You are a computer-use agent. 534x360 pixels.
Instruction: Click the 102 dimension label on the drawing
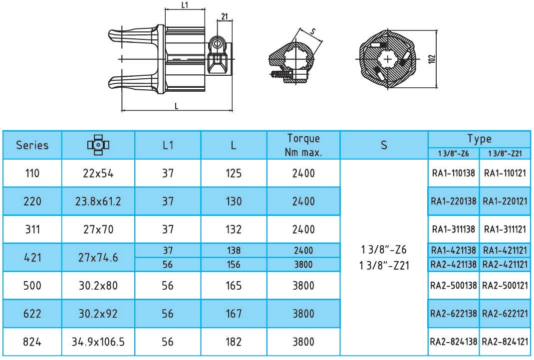tap(432, 59)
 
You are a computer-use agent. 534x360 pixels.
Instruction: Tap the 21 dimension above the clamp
tap(225, 16)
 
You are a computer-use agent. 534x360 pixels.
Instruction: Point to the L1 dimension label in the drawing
tap(185, 5)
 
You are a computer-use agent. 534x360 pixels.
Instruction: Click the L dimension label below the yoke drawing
tap(176, 106)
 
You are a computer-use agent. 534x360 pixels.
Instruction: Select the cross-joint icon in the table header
tap(98, 145)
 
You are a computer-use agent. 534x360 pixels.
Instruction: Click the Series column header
tap(32, 145)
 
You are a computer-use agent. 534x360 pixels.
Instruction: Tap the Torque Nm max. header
tap(303, 145)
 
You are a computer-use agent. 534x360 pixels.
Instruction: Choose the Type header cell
tap(479, 139)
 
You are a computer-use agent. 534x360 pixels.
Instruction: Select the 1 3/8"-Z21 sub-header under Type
tap(505, 154)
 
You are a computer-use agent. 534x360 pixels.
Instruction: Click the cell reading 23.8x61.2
tap(98, 201)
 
